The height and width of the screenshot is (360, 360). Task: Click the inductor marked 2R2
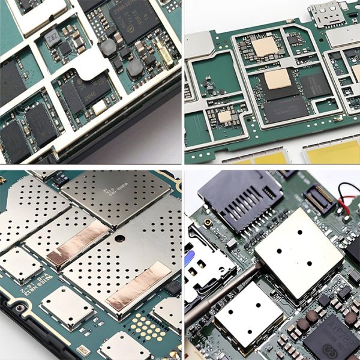(54, 37)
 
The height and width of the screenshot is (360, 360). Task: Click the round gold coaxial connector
(208, 223)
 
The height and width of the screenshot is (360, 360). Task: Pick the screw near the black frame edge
(20, 308)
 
